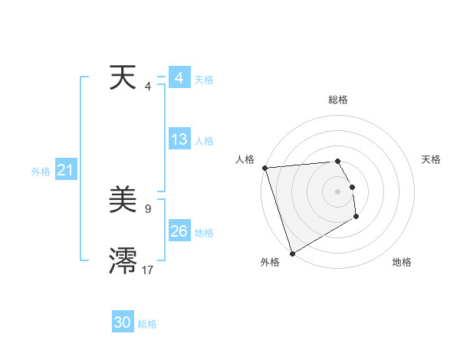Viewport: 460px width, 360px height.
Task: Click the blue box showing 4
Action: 179,78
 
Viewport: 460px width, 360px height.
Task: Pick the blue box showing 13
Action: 179,139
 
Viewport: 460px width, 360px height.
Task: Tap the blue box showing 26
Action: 179,231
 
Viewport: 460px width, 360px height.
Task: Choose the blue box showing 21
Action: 65,171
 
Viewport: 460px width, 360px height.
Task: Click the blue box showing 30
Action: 123,322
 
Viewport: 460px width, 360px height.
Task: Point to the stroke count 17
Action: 147,270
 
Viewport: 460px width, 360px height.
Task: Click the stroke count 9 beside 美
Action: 147,208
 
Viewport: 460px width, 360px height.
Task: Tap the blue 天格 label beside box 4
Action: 204,80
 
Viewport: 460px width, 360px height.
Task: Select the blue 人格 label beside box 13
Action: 204,141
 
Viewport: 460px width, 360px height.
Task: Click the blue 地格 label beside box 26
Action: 204,233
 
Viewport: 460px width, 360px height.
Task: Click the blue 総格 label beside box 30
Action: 147,324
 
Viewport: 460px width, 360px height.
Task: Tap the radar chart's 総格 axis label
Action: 338,100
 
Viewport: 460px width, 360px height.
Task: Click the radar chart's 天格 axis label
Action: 432,159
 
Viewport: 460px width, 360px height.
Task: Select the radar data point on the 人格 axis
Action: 264,168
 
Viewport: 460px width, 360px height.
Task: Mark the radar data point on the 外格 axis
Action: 292,254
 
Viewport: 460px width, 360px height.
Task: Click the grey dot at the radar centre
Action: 337,191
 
